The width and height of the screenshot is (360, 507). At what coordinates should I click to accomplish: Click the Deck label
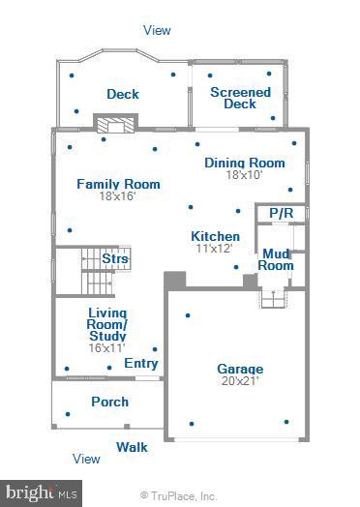pos(122,94)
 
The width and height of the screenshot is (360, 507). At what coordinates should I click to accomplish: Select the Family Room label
pos(118,184)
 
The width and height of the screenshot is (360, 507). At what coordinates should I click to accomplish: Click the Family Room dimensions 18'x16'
pos(118,196)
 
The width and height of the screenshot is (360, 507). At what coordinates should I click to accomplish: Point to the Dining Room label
pos(245,163)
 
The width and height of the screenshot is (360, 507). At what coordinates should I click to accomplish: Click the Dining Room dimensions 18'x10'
pos(245,175)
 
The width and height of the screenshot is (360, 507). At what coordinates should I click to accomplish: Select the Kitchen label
pos(215,236)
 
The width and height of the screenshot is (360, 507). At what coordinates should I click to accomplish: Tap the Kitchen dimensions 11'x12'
pos(215,249)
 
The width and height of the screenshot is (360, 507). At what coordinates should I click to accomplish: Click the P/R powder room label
pos(281,212)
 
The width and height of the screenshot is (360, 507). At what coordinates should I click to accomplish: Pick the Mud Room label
pos(276,259)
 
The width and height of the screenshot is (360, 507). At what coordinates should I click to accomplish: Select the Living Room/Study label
pos(114,324)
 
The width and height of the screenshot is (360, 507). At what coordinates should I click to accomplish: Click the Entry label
pos(141,364)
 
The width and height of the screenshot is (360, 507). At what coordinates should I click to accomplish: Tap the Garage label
pos(240,369)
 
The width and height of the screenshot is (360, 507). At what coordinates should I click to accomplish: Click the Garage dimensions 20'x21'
pos(240,381)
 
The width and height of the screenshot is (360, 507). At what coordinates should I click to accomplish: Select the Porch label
pos(109,402)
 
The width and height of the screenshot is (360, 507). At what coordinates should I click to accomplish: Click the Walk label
pos(133,447)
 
